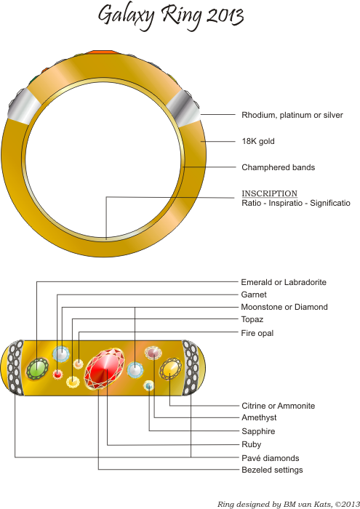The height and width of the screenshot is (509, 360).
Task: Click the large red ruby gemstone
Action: (x=105, y=368)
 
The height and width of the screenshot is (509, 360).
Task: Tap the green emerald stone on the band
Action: (x=37, y=369)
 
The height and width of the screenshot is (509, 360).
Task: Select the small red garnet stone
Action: (x=57, y=374)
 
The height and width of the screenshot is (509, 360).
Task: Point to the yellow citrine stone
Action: (x=170, y=369)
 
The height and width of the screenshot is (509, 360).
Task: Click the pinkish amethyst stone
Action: (x=153, y=353)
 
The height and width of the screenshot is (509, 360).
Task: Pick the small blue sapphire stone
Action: (x=148, y=385)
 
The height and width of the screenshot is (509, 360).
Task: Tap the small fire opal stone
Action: (x=79, y=364)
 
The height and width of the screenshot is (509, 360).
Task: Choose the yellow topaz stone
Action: (x=73, y=382)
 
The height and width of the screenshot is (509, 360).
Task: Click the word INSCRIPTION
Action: (x=269, y=193)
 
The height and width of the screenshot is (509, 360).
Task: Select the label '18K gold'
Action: (x=258, y=141)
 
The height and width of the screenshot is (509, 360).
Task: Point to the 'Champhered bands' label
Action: (x=279, y=167)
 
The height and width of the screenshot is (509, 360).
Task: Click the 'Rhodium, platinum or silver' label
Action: (x=292, y=115)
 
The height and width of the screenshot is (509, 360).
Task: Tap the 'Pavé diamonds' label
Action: (x=271, y=458)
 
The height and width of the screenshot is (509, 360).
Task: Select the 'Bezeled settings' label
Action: (x=272, y=470)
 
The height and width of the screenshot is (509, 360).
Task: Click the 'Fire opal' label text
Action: (x=257, y=333)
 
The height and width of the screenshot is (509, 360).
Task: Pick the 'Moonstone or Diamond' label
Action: (x=284, y=307)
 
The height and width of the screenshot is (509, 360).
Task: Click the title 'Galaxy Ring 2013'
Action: (x=171, y=16)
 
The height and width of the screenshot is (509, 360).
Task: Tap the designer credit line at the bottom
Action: (x=288, y=504)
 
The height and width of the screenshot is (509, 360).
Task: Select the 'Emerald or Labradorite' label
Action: (x=284, y=282)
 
